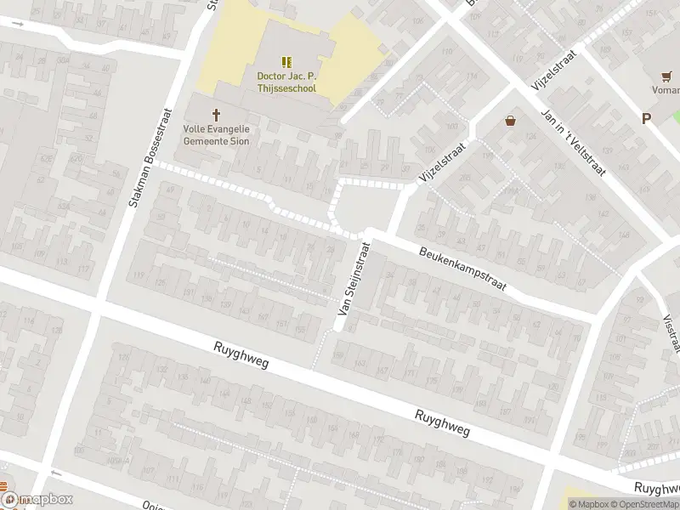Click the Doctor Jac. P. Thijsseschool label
pos(286,81)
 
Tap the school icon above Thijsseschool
pos(286,62)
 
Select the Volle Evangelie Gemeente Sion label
pos(216,135)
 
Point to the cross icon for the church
pos(216,115)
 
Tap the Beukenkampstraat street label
pos(462,269)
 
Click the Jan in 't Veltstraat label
pos(573,144)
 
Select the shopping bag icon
pos(510,121)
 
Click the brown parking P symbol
pos(647,119)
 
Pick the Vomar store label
pos(666,89)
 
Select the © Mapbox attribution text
pos(592,504)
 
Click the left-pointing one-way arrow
pos(56,473)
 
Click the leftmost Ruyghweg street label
pos(241,355)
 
